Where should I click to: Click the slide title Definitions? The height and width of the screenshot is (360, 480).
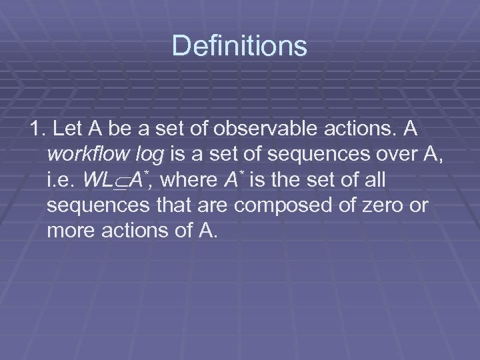(239, 46)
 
